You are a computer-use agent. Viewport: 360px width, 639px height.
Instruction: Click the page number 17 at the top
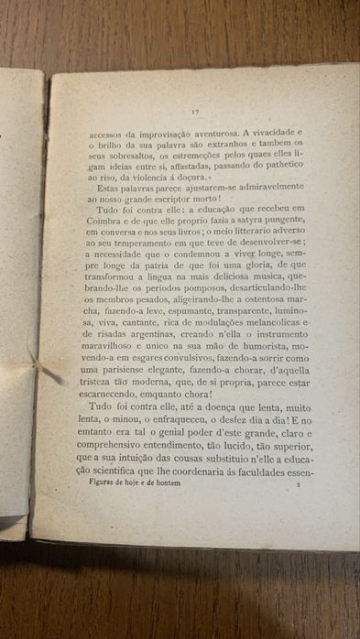point(195,112)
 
